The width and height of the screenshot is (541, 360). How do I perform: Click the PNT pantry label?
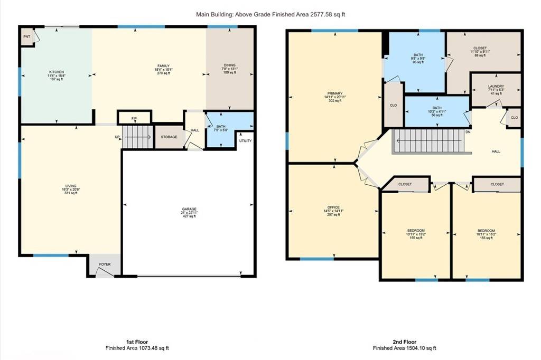tap(26, 37)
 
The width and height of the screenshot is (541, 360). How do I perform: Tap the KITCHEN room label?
tap(57, 72)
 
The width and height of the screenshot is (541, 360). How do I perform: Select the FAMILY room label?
tap(162, 66)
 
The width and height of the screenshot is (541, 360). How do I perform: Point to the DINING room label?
tap(229, 65)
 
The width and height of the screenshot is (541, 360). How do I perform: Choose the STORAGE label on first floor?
tap(169, 137)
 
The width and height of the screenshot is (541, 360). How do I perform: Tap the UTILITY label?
tap(246, 141)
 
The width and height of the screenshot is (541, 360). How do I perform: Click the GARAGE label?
tap(189, 209)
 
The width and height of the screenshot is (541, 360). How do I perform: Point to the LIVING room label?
tap(71, 186)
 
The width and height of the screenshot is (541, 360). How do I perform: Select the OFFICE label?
tap(333, 207)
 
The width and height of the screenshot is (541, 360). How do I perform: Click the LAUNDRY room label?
tap(496, 86)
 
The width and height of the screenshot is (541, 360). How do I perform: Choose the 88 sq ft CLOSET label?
tap(480, 48)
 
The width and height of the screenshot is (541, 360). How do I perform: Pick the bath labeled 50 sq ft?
tap(436, 108)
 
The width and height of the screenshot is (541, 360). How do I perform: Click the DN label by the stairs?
tap(468, 131)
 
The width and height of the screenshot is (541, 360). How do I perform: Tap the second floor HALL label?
tap(496, 151)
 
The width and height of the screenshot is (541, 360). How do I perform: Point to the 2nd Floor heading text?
tap(405, 342)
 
